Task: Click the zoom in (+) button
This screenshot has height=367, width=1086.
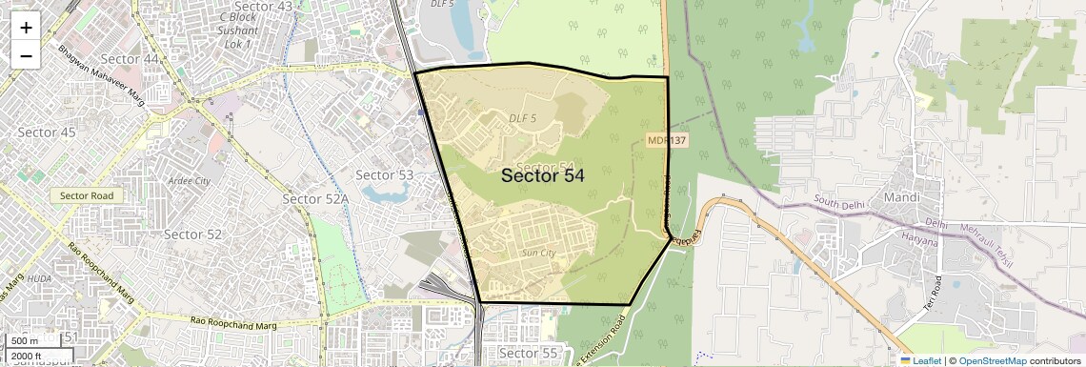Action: tap(26, 28)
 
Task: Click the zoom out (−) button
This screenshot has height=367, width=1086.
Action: tap(26, 55)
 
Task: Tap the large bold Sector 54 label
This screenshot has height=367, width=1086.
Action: tap(542, 175)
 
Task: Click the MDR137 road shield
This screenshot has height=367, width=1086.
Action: tap(667, 140)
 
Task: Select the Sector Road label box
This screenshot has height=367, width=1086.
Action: tap(87, 195)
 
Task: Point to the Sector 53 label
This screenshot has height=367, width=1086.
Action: tap(384, 174)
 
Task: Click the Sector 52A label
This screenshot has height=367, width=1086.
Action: tap(316, 198)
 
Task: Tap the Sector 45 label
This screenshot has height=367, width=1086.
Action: tap(46, 133)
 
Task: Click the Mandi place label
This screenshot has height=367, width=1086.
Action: tap(900, 198)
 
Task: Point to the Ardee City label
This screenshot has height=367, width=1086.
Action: tap(188, 180)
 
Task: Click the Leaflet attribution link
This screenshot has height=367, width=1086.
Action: tap(920, 360)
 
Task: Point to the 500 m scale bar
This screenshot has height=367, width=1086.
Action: tap(26, 341)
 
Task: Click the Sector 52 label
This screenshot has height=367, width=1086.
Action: tap(192, 234)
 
